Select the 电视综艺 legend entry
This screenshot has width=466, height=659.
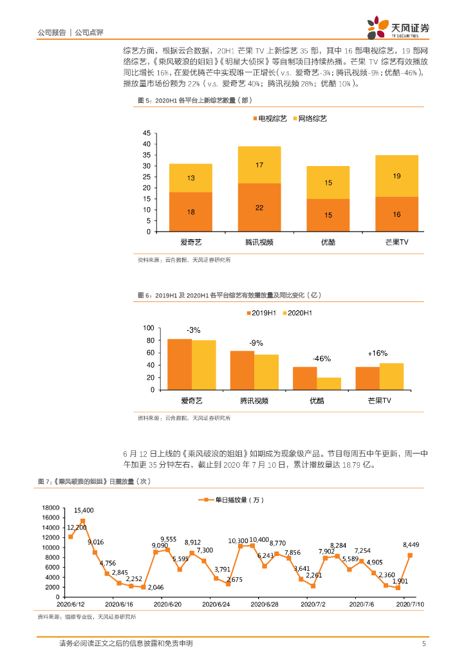[268, 119]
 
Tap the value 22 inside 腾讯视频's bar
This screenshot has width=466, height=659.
[259, 207]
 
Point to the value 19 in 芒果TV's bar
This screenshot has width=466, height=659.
[396, 176]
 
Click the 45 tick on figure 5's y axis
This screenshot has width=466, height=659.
[147, 133]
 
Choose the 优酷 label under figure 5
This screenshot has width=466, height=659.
[328, 242]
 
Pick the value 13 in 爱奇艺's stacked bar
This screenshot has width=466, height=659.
[191, 178]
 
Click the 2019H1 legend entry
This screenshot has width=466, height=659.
[260, 313]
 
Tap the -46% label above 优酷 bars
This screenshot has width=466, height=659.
[321, 358]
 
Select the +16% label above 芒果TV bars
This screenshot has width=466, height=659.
[378, 353]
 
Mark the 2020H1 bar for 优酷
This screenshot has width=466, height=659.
[329, 384]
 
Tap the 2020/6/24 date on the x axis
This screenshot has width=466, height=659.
[216, 604]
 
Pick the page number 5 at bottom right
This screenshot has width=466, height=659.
[423, 644]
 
